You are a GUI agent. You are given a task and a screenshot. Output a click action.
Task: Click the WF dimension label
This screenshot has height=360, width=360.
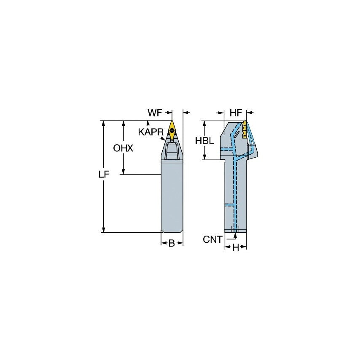[155, 113]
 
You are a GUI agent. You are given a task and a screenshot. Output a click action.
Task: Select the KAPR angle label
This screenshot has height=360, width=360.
[150, 132]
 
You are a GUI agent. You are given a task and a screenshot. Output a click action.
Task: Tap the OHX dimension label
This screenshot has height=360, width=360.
[123, 148]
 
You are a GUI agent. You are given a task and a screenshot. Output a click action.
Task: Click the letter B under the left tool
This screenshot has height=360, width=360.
[172, 243]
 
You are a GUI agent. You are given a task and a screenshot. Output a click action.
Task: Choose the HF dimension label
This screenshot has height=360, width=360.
[236, 113]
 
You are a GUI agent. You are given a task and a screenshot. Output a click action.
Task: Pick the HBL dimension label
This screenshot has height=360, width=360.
[204, 141]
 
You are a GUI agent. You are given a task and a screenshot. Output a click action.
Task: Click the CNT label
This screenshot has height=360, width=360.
[212, 239]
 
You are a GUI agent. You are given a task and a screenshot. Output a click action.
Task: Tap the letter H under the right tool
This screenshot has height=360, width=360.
[236, 248]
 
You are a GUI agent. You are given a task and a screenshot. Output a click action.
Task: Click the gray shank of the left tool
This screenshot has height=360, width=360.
[172, 198]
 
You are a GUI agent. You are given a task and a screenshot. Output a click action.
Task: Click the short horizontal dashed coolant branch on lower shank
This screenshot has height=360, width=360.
[229, 205]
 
